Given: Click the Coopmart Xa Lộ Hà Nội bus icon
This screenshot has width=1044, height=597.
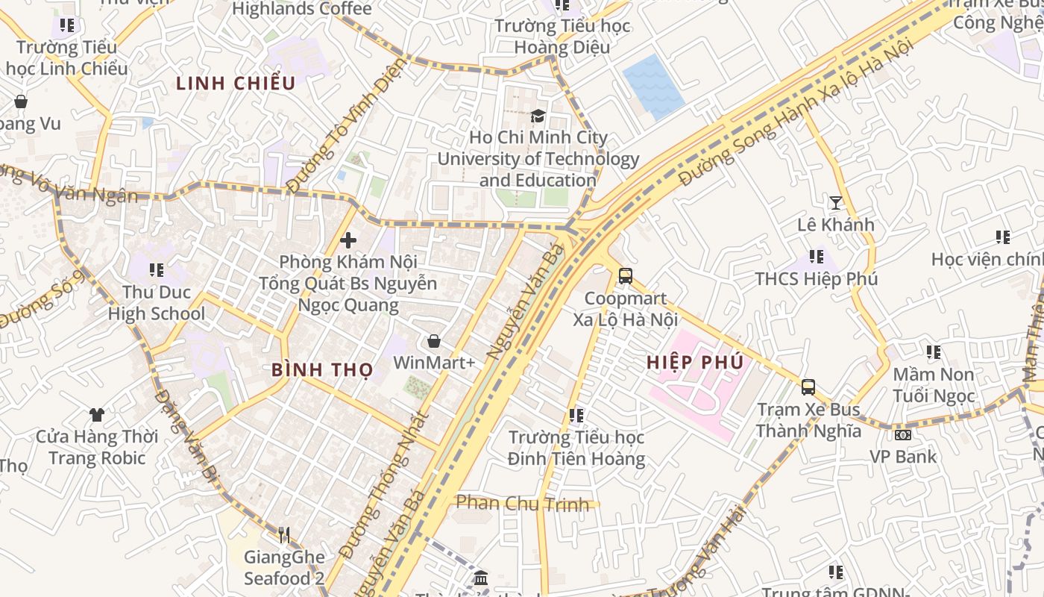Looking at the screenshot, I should [x=626, y=276].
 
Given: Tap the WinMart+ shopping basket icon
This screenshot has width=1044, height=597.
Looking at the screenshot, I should [x=434, y=341].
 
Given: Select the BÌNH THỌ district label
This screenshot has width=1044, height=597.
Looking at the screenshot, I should [x=322, y=369].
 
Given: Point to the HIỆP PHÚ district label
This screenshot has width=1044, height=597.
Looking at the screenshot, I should [x=695, y=363].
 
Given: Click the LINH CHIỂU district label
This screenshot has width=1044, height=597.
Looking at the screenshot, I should [x=236, y=84].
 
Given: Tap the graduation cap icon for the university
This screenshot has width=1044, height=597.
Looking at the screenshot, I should [x=538, y=116].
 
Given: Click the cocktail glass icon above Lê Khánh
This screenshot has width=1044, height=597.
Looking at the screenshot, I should [x=835, y=202].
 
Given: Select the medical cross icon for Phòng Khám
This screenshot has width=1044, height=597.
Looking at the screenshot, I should [x=348, y=240].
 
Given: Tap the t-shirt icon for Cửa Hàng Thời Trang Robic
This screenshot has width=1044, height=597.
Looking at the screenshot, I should [x=96, y=414].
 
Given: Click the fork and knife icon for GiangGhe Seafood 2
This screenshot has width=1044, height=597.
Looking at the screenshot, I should [x=283, y=534].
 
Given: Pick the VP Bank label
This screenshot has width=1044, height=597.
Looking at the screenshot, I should [x=903, y=456].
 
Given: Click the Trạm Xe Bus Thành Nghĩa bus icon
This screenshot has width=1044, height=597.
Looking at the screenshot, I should [x=808, y=387].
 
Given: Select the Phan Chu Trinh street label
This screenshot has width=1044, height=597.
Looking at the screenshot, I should [x=522, y=504].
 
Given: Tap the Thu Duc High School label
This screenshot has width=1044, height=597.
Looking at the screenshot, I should [x=156, y=303].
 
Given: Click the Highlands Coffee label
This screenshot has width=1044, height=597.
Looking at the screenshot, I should [x=301, y=9].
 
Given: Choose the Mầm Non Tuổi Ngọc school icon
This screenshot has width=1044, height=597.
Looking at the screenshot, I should [x=933, y=351].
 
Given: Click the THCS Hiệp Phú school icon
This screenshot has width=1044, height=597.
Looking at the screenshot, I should [x=817, y=257].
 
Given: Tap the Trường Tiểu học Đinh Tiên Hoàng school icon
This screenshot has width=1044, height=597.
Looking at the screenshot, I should [x=576, y=415].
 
